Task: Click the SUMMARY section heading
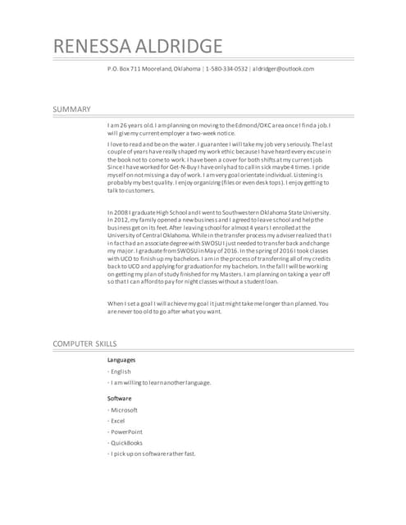(71, 109)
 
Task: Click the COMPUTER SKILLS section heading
(84, 343)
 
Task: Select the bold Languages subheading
(121, 359)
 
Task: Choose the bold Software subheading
(120, 398)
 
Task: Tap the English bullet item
(121, 372)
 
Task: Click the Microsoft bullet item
(124, 410)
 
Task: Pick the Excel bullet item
(117, 421)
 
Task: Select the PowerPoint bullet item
(126, 431)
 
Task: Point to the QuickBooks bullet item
(126, 443)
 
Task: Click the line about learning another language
(161, 382)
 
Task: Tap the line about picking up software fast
(153, 454)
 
